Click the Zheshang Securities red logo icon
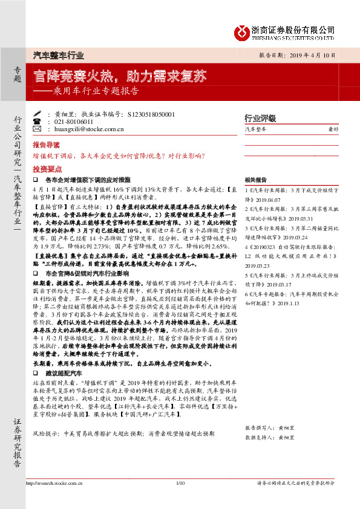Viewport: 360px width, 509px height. (x=244, y=31)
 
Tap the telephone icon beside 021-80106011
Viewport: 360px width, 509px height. (x=38, y=121)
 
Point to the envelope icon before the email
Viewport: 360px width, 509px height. (x=38, y=129)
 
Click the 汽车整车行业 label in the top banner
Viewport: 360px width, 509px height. (x=57, y=55)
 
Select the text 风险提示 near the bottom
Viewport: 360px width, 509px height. (x=44, y=451)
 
